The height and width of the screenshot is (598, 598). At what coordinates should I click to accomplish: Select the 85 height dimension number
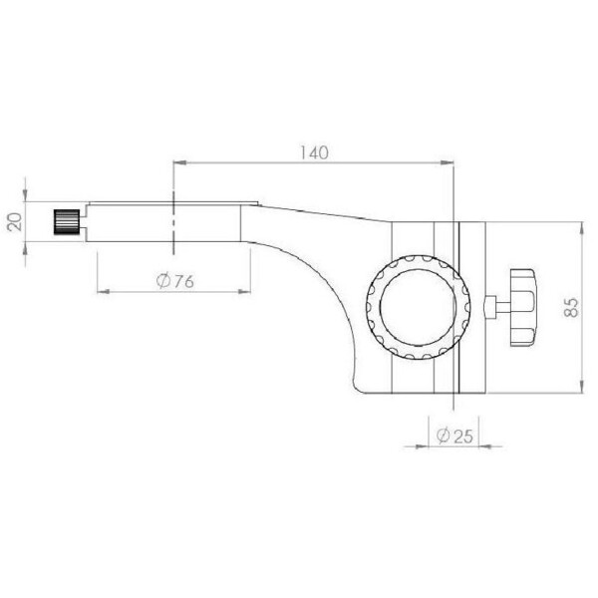coord(571,306)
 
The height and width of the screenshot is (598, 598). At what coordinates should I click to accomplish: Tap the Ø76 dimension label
coord(174,281)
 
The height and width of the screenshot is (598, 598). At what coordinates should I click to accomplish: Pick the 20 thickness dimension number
coord(14,220)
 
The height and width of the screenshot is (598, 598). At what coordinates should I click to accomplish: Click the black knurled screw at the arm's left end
coord(67,220)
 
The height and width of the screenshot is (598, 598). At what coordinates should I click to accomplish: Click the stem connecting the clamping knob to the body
coord(494,306)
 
